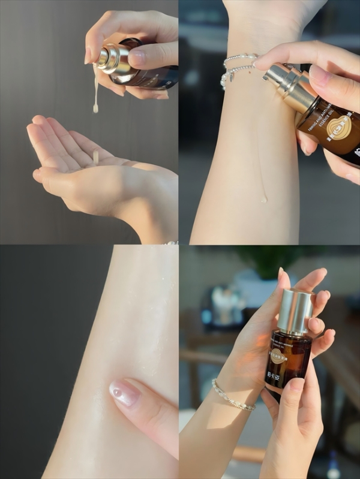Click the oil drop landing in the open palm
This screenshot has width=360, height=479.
(95, 157)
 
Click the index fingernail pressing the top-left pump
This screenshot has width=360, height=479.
(137, 58)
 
